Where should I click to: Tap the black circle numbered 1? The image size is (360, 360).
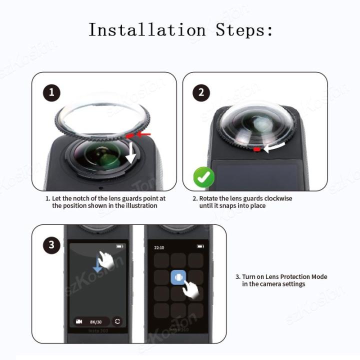point(51,93)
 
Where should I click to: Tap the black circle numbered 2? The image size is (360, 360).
point(201,92)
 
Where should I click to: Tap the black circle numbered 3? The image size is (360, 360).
point(51,245)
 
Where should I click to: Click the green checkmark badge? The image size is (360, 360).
point(204,177)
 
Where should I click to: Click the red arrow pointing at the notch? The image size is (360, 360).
point(144,134)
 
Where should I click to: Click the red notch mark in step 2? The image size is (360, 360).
point(256,149)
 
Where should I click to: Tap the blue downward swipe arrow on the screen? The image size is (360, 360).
point(98,267)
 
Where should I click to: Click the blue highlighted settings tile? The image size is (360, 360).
point(179,277)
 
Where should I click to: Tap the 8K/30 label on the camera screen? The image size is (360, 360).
point(96,321)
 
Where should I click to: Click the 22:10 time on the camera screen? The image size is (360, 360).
point(159,247)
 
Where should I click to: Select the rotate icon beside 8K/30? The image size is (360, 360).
point(117,321)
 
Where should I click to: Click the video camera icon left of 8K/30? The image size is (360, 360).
point(79,321)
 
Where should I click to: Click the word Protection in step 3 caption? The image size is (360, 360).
point(293,276)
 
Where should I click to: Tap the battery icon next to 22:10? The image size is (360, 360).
point(200,246)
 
